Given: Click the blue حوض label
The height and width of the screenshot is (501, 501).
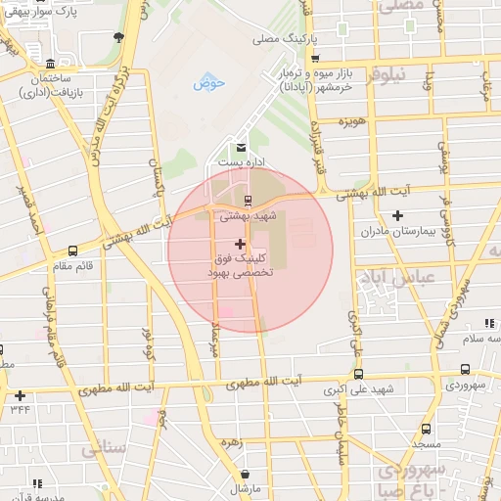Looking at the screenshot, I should coord(209,83).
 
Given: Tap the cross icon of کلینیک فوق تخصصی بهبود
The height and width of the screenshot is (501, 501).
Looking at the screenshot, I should coord(240,243).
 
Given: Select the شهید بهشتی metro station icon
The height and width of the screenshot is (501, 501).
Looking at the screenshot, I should coord(247,200).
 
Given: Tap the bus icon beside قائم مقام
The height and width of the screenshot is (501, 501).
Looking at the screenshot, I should coord(73,250).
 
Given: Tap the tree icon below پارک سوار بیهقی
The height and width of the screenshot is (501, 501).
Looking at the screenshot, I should coord(118,37).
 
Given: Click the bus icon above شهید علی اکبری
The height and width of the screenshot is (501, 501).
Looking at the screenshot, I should coord(358,374).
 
